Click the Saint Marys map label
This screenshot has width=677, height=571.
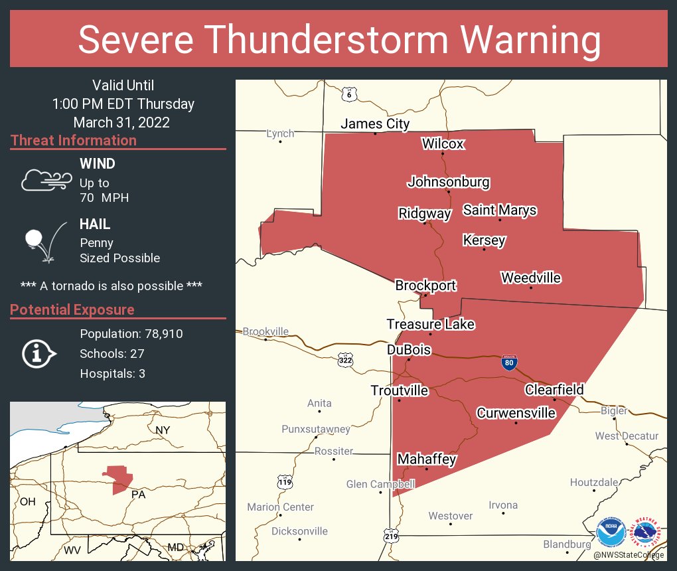(499, 210)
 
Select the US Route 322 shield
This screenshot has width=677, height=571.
(345, 360)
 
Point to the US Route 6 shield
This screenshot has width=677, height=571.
(349, 94)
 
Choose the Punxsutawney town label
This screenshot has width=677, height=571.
(315, 429)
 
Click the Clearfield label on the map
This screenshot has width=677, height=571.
(554, 390)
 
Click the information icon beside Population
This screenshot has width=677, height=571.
(39, 354)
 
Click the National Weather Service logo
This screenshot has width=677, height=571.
(646, 532)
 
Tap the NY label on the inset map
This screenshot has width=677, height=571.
(163, 430)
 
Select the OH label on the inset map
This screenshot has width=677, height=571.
(27, 501)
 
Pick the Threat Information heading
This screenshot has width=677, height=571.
(74, 141)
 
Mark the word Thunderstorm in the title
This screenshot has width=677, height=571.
(340, 40)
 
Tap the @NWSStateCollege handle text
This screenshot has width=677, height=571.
(628, 555)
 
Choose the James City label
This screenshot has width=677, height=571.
(375, 123)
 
